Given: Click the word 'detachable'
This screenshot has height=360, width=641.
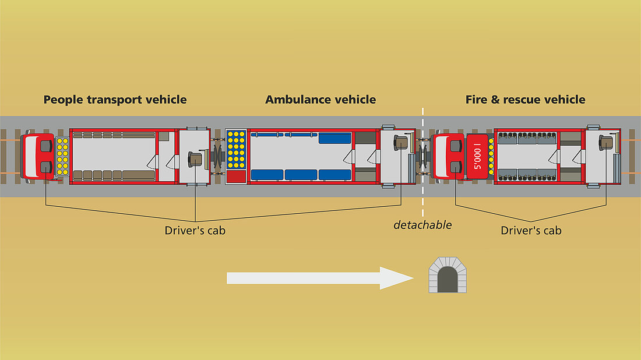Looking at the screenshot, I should coord(422,225).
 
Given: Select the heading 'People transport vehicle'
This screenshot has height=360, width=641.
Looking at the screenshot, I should coord(115,100).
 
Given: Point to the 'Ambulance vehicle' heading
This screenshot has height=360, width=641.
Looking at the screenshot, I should coord(320,100).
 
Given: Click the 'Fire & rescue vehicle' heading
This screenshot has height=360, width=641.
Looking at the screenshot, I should coord(525,100).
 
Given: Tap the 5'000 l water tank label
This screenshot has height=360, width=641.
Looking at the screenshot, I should coord(479,156).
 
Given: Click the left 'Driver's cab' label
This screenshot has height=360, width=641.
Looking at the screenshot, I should coord(195,231).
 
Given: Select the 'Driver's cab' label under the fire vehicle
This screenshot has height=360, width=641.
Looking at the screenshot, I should coord(531,231).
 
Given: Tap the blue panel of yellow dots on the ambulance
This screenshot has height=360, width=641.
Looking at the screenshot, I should coord(235,149).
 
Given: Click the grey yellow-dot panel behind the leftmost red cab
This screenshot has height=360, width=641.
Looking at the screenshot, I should coord(62,156).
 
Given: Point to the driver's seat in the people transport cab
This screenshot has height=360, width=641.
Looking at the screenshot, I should coord(196,158).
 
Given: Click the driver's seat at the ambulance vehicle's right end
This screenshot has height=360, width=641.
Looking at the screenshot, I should coord(401,142).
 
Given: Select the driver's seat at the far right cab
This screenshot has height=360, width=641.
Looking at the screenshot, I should coord(607,142).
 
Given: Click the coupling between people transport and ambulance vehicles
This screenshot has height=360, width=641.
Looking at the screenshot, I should coord(217,156).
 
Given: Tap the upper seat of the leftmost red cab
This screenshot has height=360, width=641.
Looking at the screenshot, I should coord(45,143).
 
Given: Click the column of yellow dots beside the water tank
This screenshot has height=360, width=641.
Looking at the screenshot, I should coord(491,156).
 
